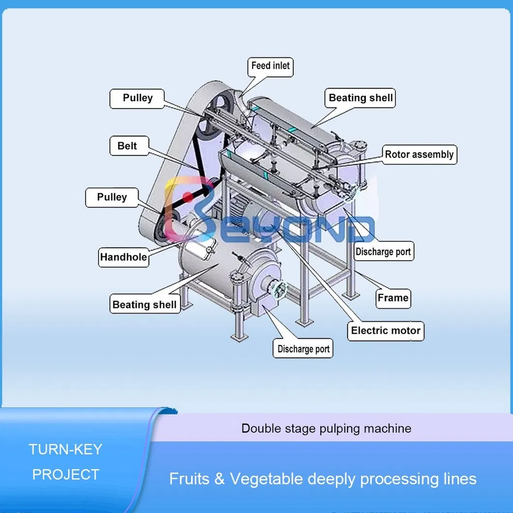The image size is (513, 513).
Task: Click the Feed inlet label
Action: coord(271,66)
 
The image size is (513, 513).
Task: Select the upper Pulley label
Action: coord(137,98)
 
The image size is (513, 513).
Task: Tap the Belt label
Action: coord(127,146)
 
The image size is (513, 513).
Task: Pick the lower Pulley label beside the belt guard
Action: coord(112,197)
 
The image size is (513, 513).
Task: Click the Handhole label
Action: coord(123,257)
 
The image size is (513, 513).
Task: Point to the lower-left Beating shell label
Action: coord(145,305)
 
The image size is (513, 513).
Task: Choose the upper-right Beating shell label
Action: coord(361,98)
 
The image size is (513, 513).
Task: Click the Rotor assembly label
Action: coord(419,155)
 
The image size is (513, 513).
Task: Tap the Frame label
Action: coord(393,298)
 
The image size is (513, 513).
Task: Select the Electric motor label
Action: coord(386,331)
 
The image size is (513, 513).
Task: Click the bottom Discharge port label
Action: coord(303,349)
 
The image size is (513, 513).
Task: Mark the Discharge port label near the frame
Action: coord(383,252)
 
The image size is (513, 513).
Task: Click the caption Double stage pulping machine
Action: coord(326,428)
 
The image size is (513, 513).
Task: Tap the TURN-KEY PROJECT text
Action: coord(65,462)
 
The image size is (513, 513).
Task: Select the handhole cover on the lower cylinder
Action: coord(199,247)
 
